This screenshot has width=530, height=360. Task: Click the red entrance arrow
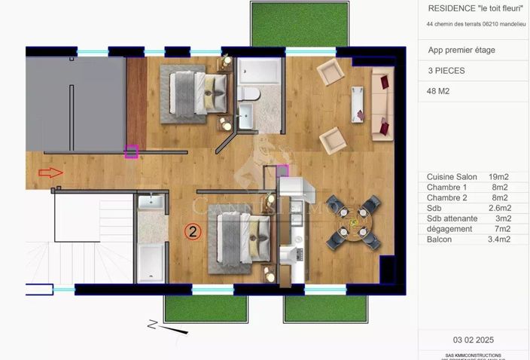pos(50,172)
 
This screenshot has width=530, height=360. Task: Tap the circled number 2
pos(193,232)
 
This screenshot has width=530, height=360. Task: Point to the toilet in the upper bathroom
pos(249,93)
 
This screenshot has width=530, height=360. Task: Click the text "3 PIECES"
pos(446,71)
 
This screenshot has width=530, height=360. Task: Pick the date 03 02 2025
pos(474,340)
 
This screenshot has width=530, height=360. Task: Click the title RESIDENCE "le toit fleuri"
pos(475,8)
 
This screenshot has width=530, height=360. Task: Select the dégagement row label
pos(449,229)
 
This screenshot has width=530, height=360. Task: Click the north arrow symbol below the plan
pos(154,325)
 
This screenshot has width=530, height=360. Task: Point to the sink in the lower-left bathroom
pos(149,201)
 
